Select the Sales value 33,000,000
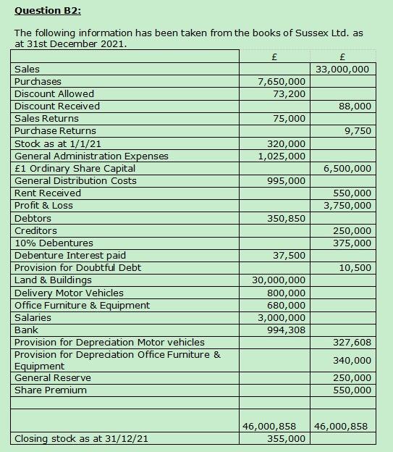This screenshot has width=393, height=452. tap(344, 70)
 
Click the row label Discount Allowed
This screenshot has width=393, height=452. tap(54, 93)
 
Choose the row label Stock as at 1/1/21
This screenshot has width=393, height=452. tap(58, 143)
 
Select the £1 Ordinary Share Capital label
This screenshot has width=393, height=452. tap(75, 168)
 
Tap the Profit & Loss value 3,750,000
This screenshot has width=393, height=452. tap(347, 206)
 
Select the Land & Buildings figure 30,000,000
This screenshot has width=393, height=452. tap(279, 280)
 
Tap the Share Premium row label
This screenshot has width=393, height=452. tap(51, 390)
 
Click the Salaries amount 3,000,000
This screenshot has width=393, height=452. tap(282, 318)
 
